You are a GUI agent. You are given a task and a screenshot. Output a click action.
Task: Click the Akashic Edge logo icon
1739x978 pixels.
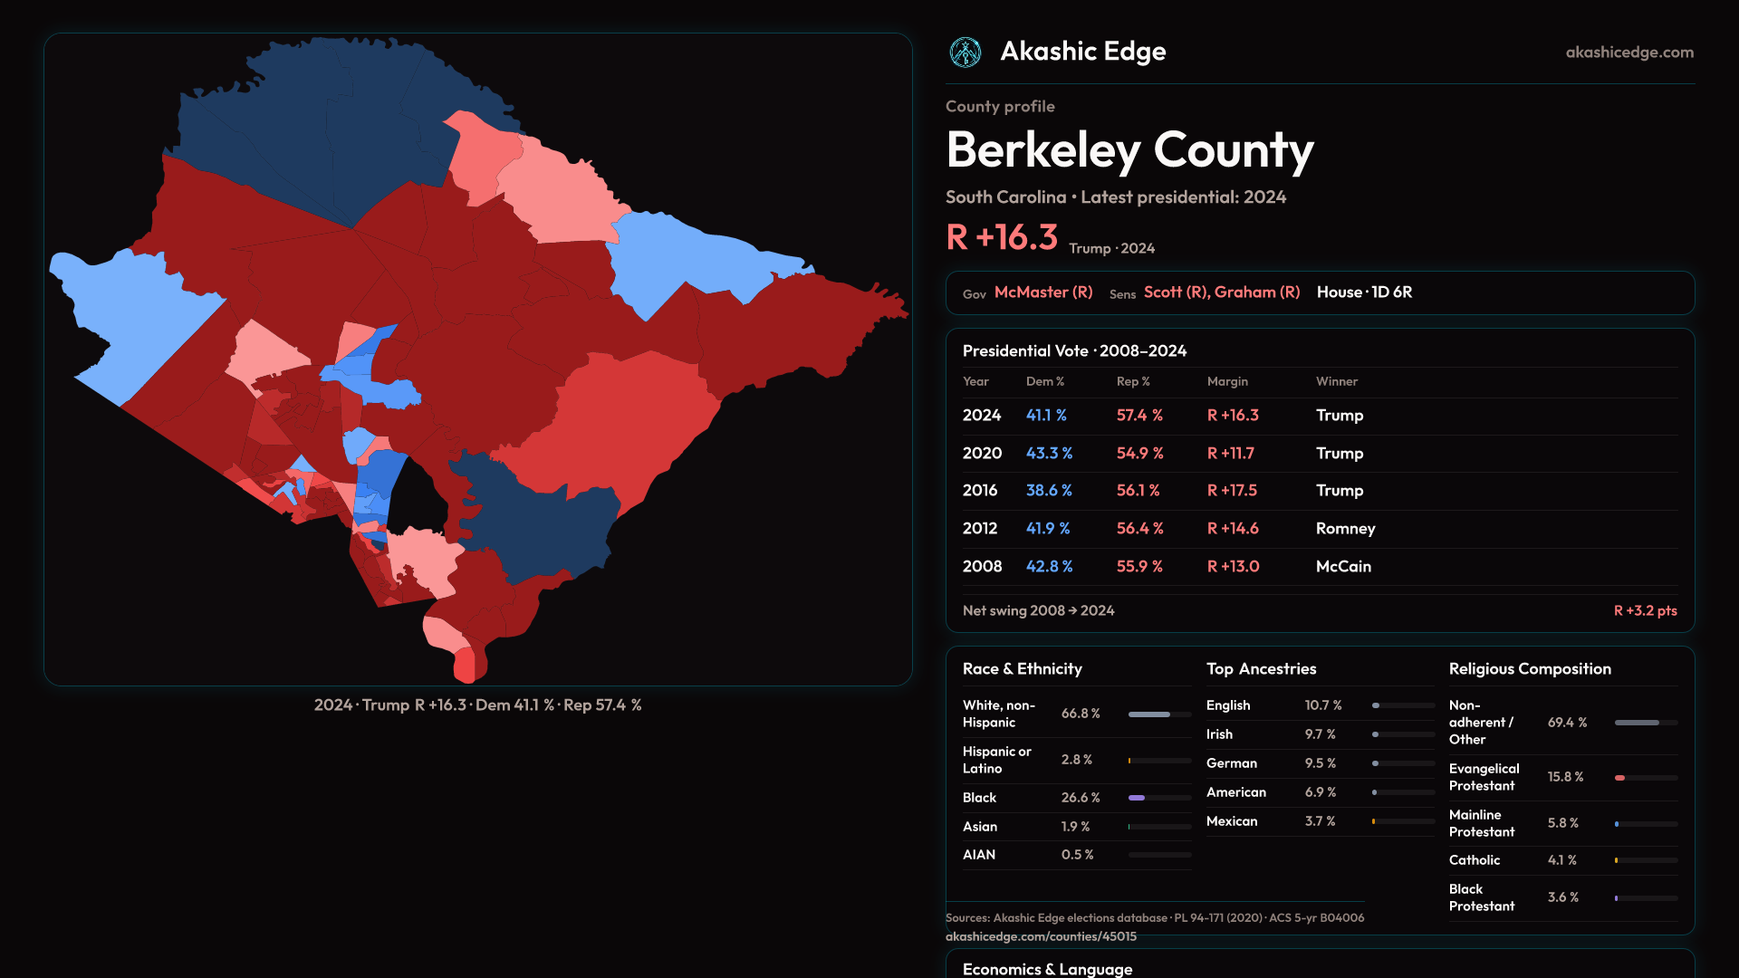pyautogui.click(x=965, y=53)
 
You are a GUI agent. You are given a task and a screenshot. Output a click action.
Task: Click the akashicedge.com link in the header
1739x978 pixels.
pyautogui.click(x=1629, y=53)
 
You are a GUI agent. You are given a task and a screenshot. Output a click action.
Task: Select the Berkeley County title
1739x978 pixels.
pyautogui.click(x=1129, y=150)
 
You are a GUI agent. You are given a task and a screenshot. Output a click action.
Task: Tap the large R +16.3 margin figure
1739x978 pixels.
pyautogui.click(x=1002, y=237)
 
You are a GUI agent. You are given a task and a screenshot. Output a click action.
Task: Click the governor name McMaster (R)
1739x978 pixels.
pyautogui.click(x=1043, y=292)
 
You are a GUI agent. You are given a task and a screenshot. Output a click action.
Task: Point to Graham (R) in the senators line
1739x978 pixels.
pyautogui.click(x=1257, y=292)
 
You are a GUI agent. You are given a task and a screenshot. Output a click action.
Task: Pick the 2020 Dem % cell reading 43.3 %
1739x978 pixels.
pyautogui.click(x=1049, y=453)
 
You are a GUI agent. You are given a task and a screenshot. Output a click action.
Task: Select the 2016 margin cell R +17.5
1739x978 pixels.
pyautogui.click(x=1232, y=490)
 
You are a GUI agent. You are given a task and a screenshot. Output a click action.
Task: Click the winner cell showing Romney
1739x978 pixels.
pyautogui.click(x=1345, y=528)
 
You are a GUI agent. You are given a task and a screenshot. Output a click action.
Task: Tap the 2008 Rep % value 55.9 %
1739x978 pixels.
pyautogui.click(x=1139, y=566)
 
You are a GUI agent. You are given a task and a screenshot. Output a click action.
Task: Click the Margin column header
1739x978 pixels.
pyautogui.click(x=1227, y=381)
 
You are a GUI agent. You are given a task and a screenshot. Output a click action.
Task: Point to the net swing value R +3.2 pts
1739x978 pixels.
pyautogui.click(x=1645, y=610)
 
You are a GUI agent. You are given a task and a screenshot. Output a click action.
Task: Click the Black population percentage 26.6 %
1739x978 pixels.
pyautogui.click(x=1081, y=798)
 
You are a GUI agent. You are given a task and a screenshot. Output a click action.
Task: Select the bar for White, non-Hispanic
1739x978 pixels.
pyautogui.click(x=1159, y=714)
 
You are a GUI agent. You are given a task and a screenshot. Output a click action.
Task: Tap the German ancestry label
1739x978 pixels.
pyautogui.click(x=1231, y=763)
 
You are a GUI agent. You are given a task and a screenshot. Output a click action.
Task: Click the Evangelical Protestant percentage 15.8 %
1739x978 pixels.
pyautogui.click(x=1565, y=777)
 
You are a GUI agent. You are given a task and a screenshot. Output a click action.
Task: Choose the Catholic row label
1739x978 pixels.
pyautogui.click(x=1474, y=860)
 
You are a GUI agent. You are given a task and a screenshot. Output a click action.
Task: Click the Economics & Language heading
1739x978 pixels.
pyautogui.click(x=1047, y=969)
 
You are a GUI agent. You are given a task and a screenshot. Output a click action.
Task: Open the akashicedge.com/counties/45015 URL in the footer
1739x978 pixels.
pyautogui.click(x=1041, y=936)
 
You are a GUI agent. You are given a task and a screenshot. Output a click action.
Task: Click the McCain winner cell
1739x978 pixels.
pyautogui.click(x=1343, y=566)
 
